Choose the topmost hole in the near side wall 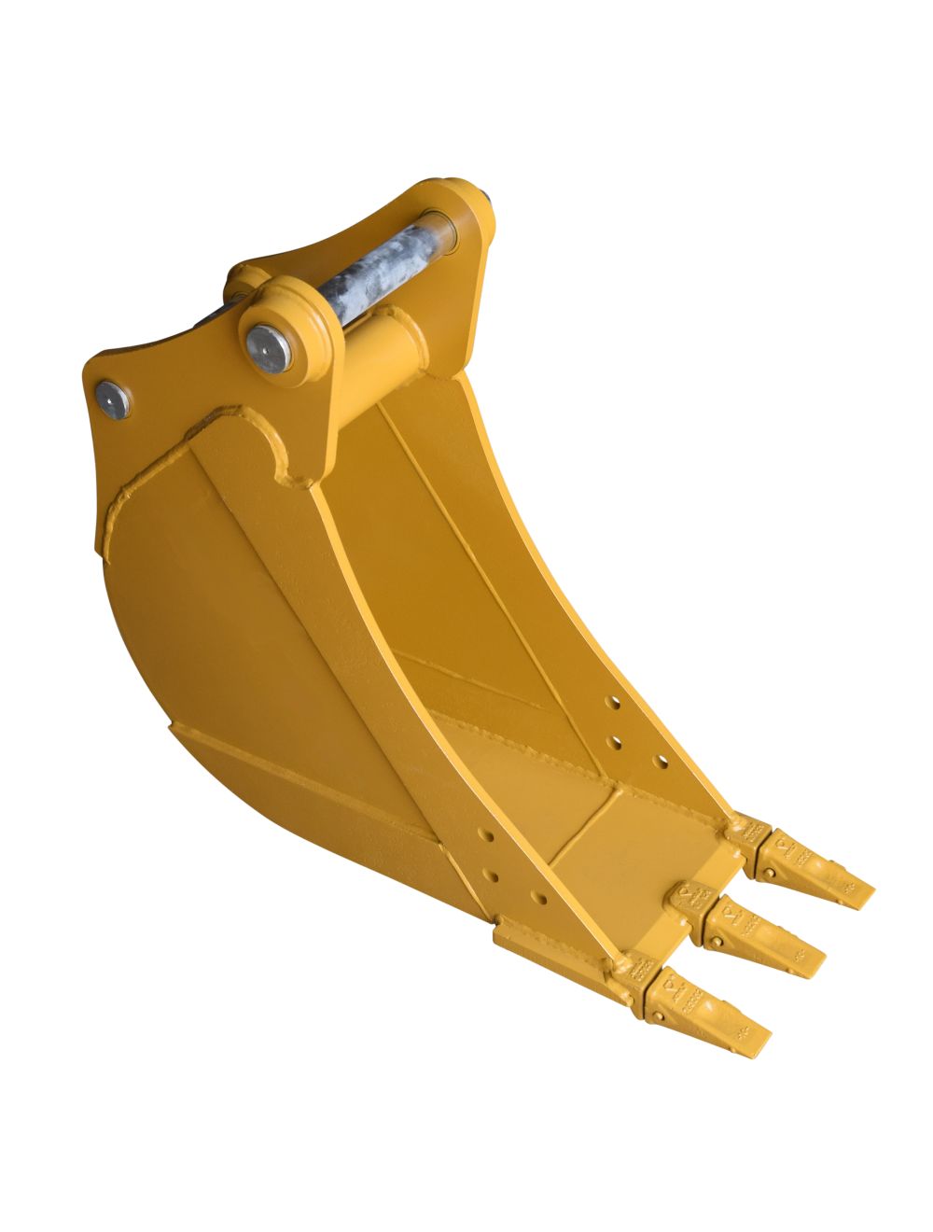478,829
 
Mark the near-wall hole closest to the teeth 539,899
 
